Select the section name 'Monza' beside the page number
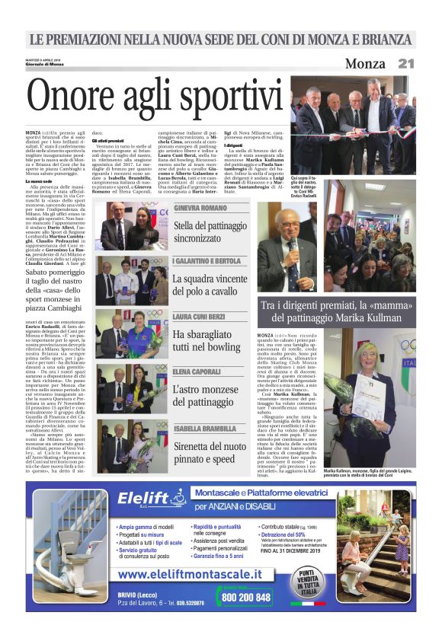coord(365,64)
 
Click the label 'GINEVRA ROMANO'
coord(200,208)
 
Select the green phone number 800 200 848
coord(245,597)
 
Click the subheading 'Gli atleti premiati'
coord(107,140)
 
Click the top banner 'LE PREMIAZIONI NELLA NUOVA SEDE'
coord(221,39)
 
